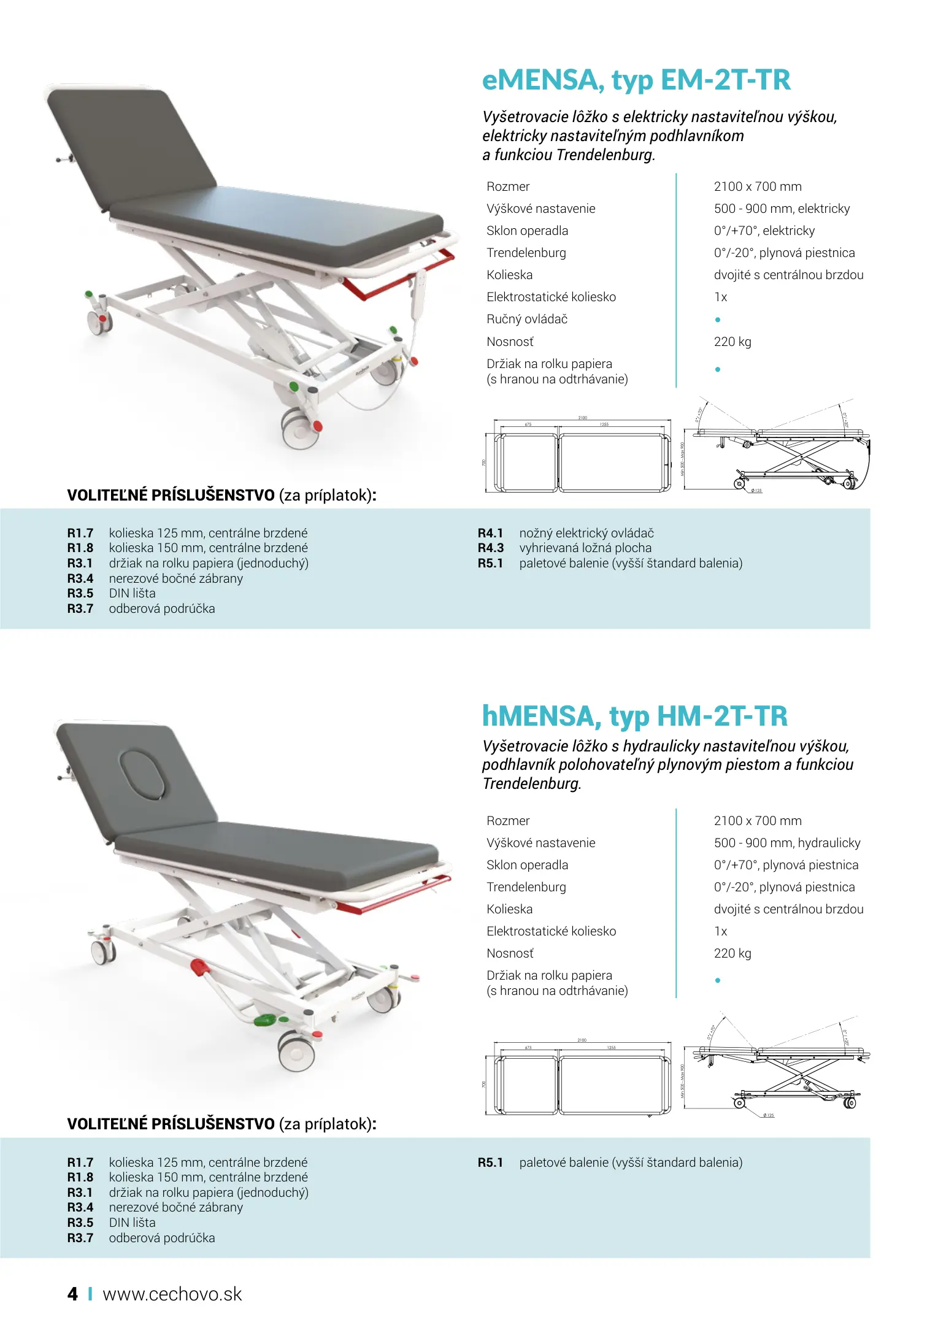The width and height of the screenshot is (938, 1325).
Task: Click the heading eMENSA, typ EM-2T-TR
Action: tap(636, 80)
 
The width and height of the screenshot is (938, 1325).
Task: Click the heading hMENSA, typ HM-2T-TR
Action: tap(634, 716)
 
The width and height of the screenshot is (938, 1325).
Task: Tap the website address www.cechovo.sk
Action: tap(172, 1294)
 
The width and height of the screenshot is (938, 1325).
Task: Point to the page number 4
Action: tap(72, 1294)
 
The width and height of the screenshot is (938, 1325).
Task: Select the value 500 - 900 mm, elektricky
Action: tap(782, 209)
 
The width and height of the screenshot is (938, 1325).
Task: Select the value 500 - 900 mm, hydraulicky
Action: tap(786, 843)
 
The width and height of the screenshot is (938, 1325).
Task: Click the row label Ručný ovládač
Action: tap(527, 319)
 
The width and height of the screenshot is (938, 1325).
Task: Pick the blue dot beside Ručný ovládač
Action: tap(718, 320)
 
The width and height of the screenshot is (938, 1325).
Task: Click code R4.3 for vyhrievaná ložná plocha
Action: tap(490, 548)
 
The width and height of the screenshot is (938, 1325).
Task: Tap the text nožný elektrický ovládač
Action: tap(586, 533)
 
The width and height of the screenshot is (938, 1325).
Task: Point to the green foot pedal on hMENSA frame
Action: tap(266, 1020)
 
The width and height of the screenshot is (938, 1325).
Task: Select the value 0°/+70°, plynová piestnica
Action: tap(786, 865)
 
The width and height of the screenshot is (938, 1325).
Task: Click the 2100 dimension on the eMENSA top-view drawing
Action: tap(582, 418)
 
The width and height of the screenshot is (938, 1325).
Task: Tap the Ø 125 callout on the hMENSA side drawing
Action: tap(768, 1115)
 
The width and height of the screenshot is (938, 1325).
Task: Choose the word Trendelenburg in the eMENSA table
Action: tap(526, 253)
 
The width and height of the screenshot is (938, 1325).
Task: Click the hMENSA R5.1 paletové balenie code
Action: tap(490, 1162)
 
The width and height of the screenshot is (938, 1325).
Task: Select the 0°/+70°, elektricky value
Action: tap(764, 231)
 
